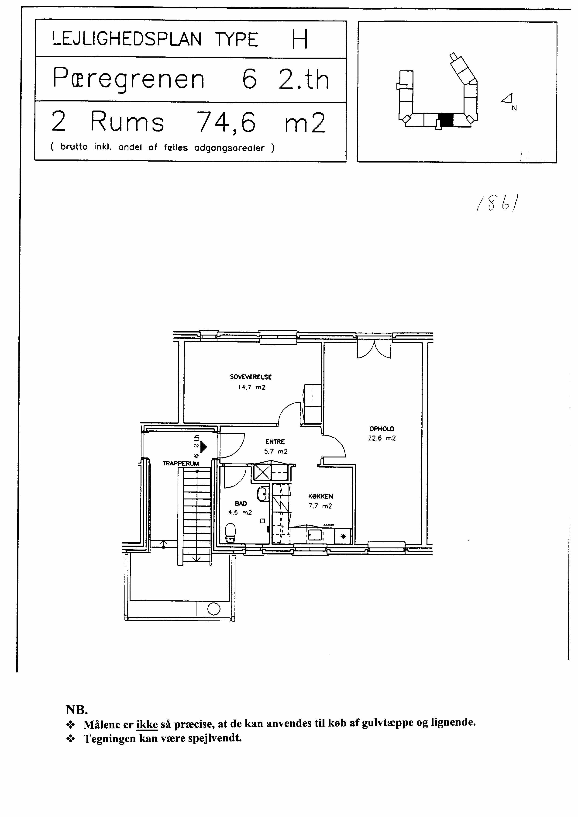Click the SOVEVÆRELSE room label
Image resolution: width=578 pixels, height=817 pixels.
(251, 377)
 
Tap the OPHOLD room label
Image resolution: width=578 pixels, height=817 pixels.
(382, 429)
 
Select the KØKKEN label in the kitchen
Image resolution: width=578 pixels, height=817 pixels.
(321, 496)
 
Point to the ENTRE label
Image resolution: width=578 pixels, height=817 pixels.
(275, 442)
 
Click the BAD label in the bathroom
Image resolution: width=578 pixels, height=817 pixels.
(241, 503)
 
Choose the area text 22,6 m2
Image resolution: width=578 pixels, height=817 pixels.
(382, 438)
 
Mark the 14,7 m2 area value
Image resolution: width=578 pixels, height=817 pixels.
(252, 387)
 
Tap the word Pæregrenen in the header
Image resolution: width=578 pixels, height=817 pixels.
(129, 79)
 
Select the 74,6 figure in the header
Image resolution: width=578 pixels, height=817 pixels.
(226, 122)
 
